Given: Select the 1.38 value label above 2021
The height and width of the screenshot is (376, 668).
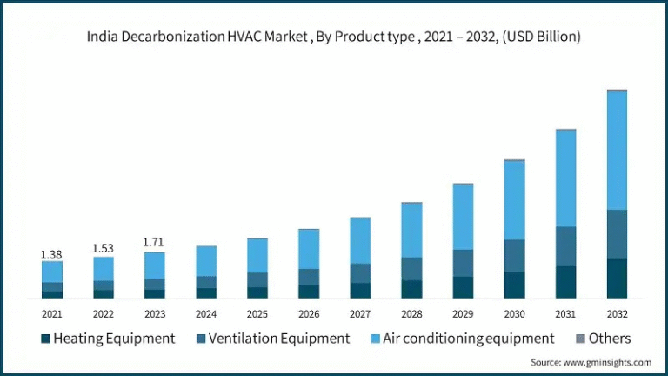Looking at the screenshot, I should (51, 254).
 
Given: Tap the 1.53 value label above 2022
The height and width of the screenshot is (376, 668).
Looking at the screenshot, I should (103, 249).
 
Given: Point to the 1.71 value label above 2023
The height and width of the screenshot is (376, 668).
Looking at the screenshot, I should (154, 242).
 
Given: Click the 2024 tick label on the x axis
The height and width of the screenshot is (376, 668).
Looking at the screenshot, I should (206, 314).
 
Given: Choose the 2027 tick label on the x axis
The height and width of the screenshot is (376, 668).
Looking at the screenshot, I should (360, 314).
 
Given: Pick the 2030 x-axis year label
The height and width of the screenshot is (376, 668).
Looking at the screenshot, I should (514, 314).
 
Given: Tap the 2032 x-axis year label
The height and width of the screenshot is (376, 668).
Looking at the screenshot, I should (617, 314).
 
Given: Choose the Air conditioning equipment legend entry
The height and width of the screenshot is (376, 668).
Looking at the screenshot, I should (461, 338).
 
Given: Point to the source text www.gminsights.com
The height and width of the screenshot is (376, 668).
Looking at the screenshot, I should (591, 361).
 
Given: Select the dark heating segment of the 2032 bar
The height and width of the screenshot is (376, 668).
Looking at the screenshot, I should (617, 279).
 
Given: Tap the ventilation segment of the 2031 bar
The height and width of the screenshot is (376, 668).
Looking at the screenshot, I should (565, 246).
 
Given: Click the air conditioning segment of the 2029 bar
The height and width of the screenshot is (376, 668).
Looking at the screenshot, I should (463, 217).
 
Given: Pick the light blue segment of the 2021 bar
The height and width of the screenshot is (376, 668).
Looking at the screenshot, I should (51, 272).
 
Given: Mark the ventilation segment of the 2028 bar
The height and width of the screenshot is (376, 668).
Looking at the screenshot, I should (411, 268).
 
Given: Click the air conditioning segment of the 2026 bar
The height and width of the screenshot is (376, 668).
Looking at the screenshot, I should (309, 249).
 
